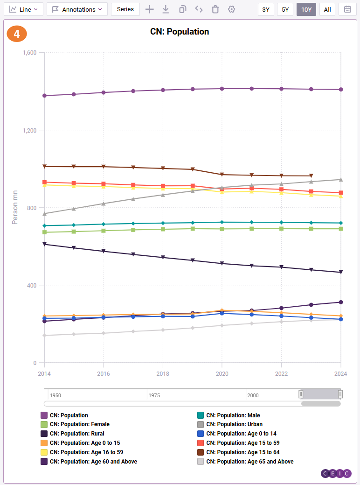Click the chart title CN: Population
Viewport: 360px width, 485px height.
[180, 32]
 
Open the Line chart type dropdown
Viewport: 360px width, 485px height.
[23, 9]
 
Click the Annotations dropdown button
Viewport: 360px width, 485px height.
[77, 9]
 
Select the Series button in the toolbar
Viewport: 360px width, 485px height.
[125, 9]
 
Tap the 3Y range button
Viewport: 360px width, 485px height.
[266, 9]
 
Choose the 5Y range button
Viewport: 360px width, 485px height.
[285, 9]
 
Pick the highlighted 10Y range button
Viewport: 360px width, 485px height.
[306, 9]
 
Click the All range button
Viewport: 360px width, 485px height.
[327, 9]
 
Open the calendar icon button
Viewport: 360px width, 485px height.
[347, 9]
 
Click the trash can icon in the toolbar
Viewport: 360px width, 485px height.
[215, 9]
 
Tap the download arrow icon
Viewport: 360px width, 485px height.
[166, 9]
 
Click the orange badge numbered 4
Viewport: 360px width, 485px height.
[17, 34]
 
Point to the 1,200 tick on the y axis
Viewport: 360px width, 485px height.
[30, 130]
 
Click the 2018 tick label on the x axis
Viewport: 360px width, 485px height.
[163, 374]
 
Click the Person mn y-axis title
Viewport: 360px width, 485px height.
[15, 207]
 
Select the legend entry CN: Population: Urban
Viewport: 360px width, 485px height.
[234, 424]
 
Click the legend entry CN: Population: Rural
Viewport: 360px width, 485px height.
[77, 434]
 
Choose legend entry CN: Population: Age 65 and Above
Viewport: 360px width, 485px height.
[249, 462]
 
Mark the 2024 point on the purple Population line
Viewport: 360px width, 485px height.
[341, 90]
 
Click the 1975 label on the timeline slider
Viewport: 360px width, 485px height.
[154, 395]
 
